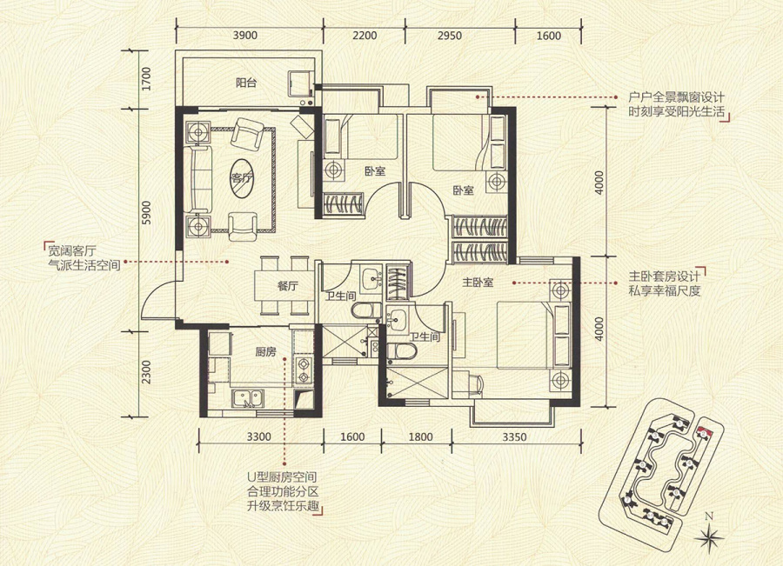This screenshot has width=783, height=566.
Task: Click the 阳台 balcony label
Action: tap(246, 83)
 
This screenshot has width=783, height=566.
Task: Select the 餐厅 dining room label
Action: tap(287, 287)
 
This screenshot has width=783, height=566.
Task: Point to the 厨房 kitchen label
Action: tap(265, 352)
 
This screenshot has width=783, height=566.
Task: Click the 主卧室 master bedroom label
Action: tap(478, 283)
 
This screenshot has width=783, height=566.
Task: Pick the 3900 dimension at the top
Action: tap(244, 35)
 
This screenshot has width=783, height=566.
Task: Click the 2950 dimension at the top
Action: tap(450, 36)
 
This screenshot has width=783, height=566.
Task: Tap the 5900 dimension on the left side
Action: tap(146, 212)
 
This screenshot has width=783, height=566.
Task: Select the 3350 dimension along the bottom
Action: tap(514, 437)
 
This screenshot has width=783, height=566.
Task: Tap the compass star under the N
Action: tap(709, 537)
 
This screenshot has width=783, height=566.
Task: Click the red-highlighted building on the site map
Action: tap(704, 433)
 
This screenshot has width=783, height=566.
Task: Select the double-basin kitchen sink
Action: tap(248, 398)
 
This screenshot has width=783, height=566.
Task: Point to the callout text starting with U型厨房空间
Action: tap(283, 492)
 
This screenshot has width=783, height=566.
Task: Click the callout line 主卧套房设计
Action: tap(664, 276)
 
